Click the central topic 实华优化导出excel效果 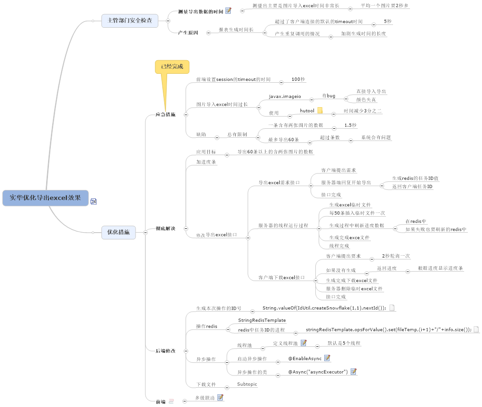(45, 198)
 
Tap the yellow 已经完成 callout (172, 67)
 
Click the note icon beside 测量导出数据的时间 (228, 11)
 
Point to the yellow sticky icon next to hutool (320, 110)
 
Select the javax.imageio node (285, 96)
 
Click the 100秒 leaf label (298, 79)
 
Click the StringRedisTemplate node (262, 320)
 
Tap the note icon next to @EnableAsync (327, 358)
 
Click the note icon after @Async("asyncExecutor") (353, 371)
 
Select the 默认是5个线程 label (344, 343)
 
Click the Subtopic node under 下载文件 (247, 384)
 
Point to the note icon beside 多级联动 (220, 398)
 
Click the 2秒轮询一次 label (396, 256)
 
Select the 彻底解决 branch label (165, 228)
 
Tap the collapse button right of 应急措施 (185, 115)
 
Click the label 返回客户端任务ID (412, 187)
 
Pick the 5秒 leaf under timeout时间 (387, 21)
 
